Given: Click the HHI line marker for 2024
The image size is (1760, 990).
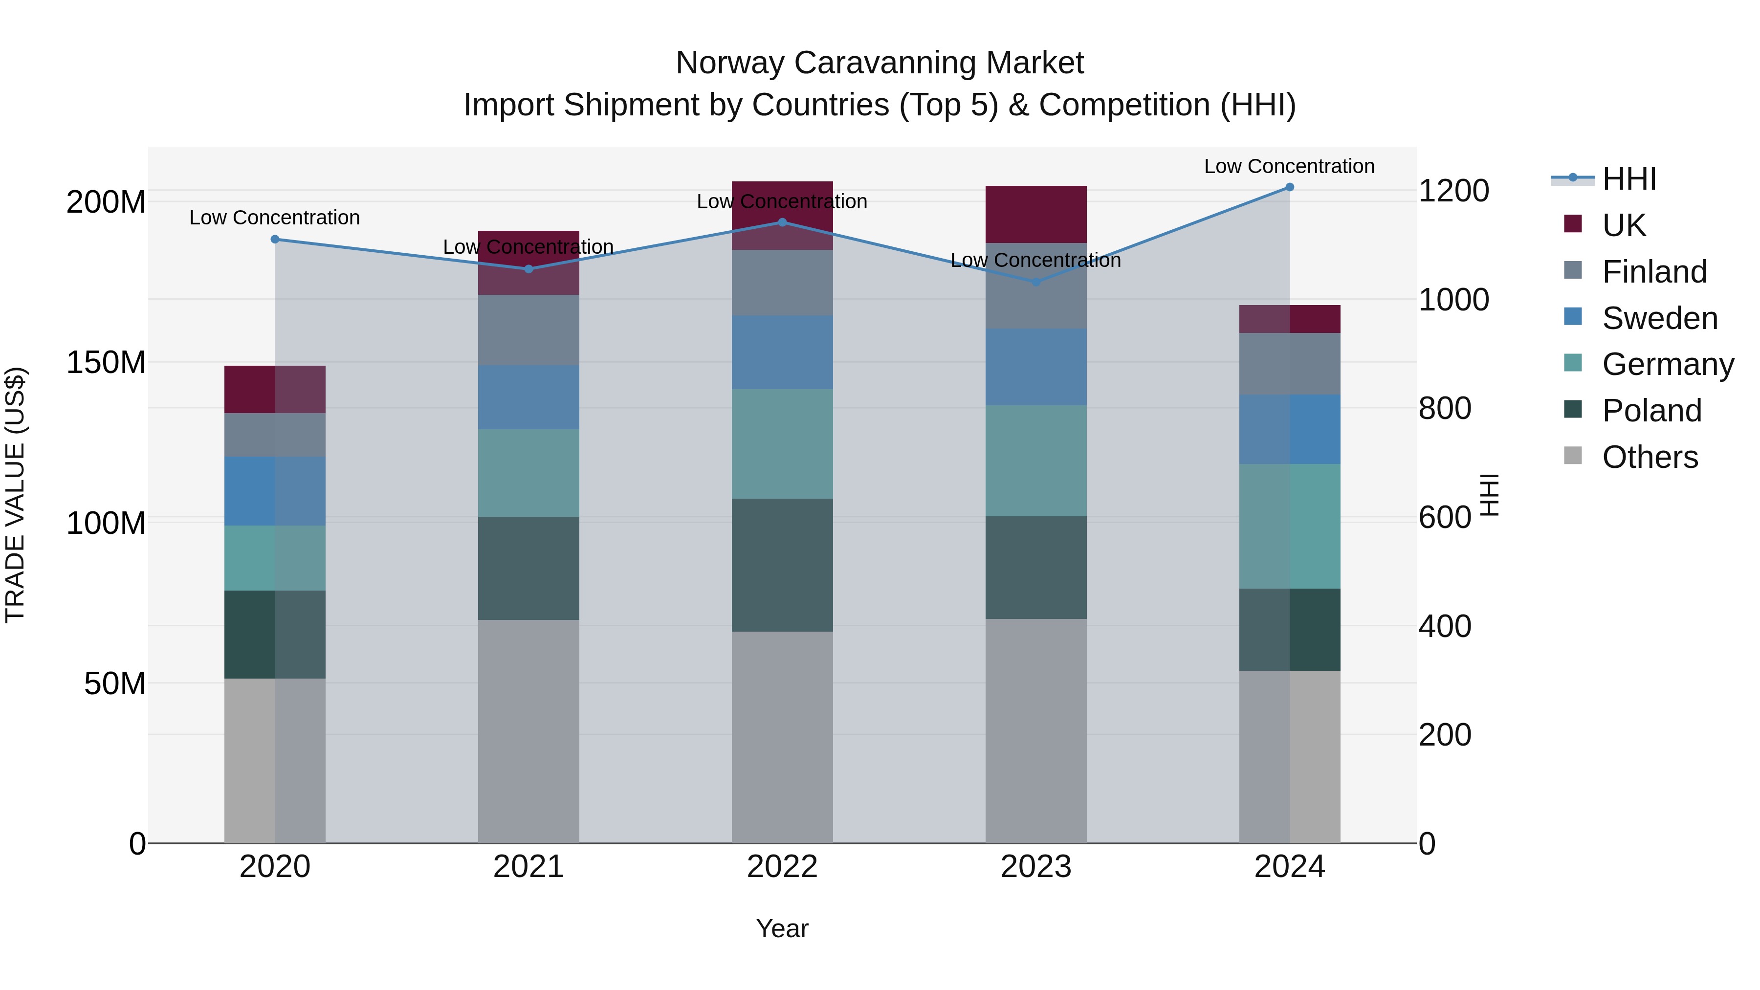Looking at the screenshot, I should pos(1289,187).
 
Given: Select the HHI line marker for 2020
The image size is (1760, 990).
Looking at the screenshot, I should pos(275,239).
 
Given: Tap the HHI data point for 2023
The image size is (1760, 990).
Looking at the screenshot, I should pos(1036,282).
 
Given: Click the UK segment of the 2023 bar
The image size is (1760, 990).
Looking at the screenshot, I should pos(1036,214).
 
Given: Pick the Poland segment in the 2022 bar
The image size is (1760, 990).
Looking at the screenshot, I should pos(782,565).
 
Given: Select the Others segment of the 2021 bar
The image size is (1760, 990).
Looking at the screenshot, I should pos(528,731).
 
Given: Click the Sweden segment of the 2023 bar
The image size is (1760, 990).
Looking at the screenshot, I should pos(1036,367).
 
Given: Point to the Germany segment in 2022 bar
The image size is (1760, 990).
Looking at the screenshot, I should pos(782,443).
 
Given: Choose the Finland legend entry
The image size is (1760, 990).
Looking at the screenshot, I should pos(1653,271).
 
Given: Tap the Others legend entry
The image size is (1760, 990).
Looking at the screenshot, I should pos(1650,457).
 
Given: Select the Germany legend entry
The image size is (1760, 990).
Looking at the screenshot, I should pos(1667,364).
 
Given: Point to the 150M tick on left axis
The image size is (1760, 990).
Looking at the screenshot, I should pos(106,362).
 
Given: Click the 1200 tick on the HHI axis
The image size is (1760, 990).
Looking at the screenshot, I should pos(1453,191).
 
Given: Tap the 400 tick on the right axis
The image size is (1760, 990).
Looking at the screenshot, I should pos(1444,626).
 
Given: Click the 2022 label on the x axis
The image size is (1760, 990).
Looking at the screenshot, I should pos(782,867).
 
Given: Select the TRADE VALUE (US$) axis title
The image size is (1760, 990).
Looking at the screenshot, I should pos(15,495).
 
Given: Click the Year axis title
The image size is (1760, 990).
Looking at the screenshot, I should pos(782,928).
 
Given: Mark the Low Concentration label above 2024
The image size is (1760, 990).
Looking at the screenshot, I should pos(1289,166).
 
